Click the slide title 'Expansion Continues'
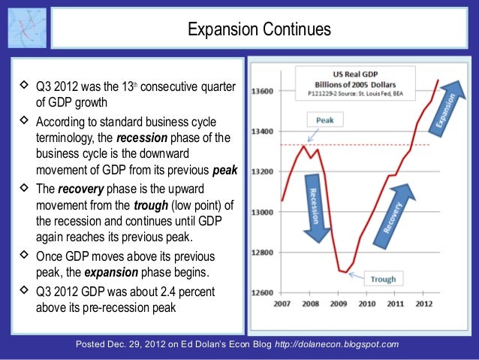[259, 30]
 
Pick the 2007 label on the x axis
[282, 304]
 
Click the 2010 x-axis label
[368, 304]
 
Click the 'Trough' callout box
[382, 279]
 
